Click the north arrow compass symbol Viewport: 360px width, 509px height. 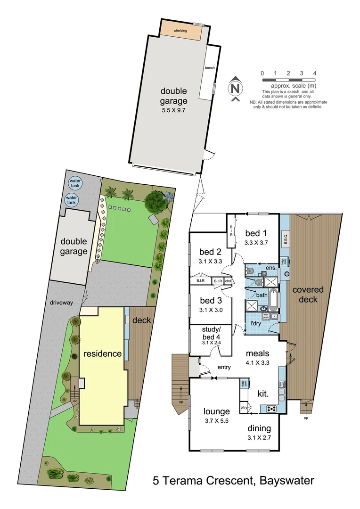[x=235, y=88]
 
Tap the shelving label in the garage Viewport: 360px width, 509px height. [x=180, y=31]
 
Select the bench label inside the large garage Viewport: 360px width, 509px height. [x=210, y=68]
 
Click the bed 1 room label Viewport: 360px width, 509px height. [x=256, y=233]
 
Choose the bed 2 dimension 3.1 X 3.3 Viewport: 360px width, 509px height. [x=210, y=260]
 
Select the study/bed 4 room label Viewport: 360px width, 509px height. [x=210, y=331]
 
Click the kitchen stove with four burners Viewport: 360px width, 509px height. [x=271, y=409]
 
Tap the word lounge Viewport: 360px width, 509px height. [x=217, y=411]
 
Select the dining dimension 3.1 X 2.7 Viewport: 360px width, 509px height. [x=260, y=437]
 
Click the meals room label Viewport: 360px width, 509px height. [x=257, y=353]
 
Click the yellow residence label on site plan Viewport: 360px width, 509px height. [x=102, y=353]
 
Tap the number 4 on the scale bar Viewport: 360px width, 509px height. [x=314, y=73]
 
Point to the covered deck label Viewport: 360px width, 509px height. [x=308, y=295]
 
